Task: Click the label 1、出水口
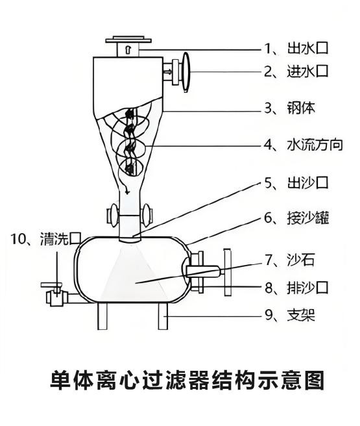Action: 296,48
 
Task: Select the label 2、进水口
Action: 296,71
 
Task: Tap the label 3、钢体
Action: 290,108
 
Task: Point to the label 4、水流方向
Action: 304,145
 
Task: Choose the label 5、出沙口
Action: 296,182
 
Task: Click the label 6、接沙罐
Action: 296,218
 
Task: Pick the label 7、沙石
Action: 290,260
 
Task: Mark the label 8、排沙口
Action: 296,288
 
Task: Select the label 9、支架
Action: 290,316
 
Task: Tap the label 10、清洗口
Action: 46,239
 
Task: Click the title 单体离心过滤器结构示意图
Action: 187,380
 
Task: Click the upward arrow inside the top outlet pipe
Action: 128,49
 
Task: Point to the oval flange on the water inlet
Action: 186,72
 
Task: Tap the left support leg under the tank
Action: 102,316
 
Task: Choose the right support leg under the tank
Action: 163,316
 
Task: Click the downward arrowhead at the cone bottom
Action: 126,192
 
